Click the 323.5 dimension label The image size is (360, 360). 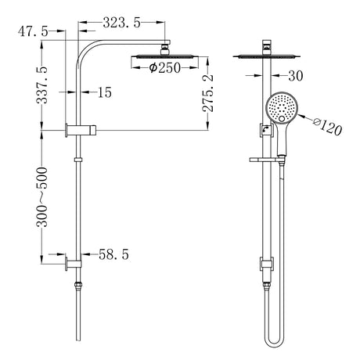click(121, 23)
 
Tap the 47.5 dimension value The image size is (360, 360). click(33, 31)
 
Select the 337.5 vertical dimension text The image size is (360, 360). click(42, 85)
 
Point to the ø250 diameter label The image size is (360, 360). click(165, 68)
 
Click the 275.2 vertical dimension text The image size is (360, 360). click(208, 93)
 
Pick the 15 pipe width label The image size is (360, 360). click(105, 92)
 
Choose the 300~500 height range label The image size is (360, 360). click(42, 197)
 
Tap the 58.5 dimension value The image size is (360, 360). click(113, 254)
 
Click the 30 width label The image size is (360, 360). click(296, 76)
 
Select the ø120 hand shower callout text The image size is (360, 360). click(328, 126)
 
